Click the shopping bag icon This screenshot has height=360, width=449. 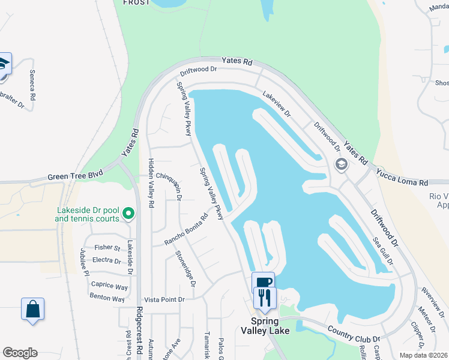point(32,310)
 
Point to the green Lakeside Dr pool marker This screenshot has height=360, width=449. point(128,213)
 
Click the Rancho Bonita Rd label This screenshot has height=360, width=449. point(186,230)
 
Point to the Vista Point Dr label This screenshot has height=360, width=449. point(164,299)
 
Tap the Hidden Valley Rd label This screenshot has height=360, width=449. point(151,184)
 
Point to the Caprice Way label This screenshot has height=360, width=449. point(110,287)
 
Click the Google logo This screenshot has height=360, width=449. point(20,353)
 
